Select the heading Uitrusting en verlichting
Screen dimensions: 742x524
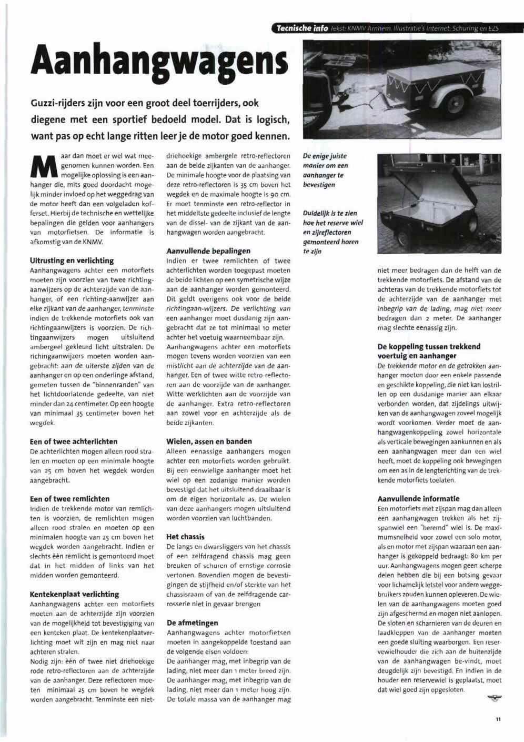coord(72,260)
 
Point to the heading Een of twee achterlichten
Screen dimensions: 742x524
coord(74,442)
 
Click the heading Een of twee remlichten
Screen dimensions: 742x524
coord(70,498)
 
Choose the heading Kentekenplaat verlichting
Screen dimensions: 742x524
coord(75,594)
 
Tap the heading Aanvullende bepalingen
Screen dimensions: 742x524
coord(208,251)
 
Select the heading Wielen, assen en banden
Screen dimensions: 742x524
coord(209,442)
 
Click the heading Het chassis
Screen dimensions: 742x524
coord(185,537)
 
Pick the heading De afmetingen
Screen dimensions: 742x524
coord(192,623)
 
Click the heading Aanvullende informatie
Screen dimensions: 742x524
coord(418,498)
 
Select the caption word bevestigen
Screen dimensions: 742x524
coord(319,185)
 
